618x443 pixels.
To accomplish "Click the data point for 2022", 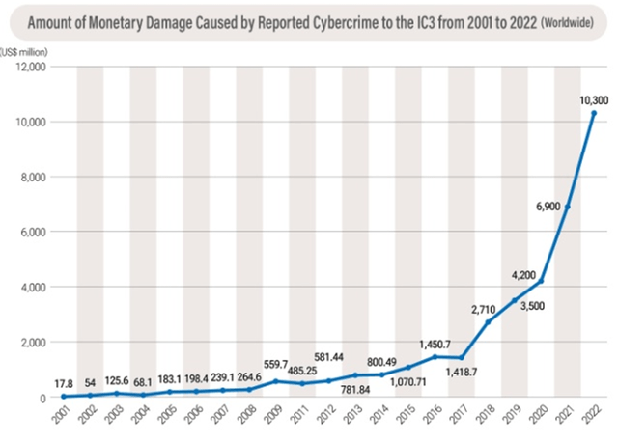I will [x=594, y=113].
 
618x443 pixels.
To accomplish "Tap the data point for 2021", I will [x=567, y=207].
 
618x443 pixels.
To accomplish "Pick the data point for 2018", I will [x=488, y=321].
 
